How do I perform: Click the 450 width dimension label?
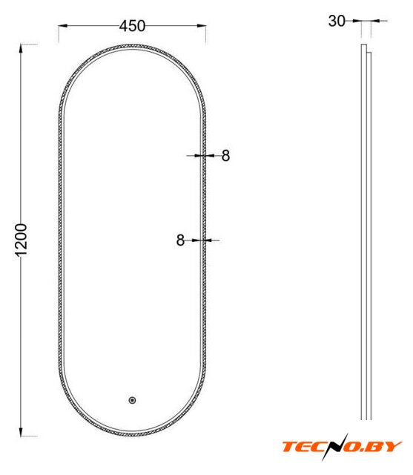coord(132,26)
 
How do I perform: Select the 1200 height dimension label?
coord(22,240)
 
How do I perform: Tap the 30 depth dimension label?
coord(337,22)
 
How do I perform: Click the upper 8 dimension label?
coord(225,156)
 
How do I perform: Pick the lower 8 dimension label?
coord(180,240)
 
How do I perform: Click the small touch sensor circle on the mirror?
coord(132,401)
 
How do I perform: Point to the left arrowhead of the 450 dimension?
coord(62,26)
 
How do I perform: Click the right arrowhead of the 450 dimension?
coord(202,26)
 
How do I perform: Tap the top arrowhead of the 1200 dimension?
coord(21,49)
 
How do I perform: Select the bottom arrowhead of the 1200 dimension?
coord(21,432)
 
